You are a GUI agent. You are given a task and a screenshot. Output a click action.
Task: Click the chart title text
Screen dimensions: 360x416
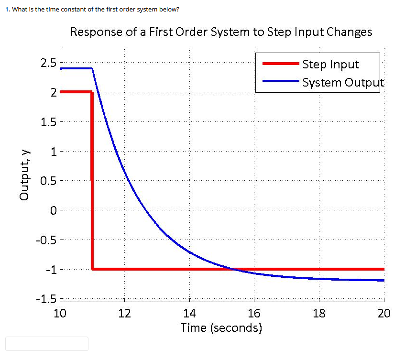point(221,32)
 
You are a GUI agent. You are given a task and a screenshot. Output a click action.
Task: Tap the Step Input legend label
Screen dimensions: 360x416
point(330,64)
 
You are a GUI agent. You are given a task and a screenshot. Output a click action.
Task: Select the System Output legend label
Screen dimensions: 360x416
point(343,82)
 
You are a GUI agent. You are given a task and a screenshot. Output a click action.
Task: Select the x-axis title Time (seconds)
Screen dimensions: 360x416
point(221,328)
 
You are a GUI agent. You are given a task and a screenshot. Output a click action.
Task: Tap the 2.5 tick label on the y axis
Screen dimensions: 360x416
point(49,63)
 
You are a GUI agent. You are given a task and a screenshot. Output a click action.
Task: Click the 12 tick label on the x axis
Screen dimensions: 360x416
point(124,314)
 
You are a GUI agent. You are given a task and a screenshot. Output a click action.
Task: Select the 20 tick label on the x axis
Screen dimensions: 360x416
point(383,314)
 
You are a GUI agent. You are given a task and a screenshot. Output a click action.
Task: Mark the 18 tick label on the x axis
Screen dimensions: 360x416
point(319,314)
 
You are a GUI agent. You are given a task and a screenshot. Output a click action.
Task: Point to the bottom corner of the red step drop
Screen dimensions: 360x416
point(92,269)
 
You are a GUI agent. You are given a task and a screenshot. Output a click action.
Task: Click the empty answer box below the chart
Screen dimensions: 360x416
point(47,343)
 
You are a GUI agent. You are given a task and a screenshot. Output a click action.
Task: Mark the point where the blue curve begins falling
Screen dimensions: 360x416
point(92,69)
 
